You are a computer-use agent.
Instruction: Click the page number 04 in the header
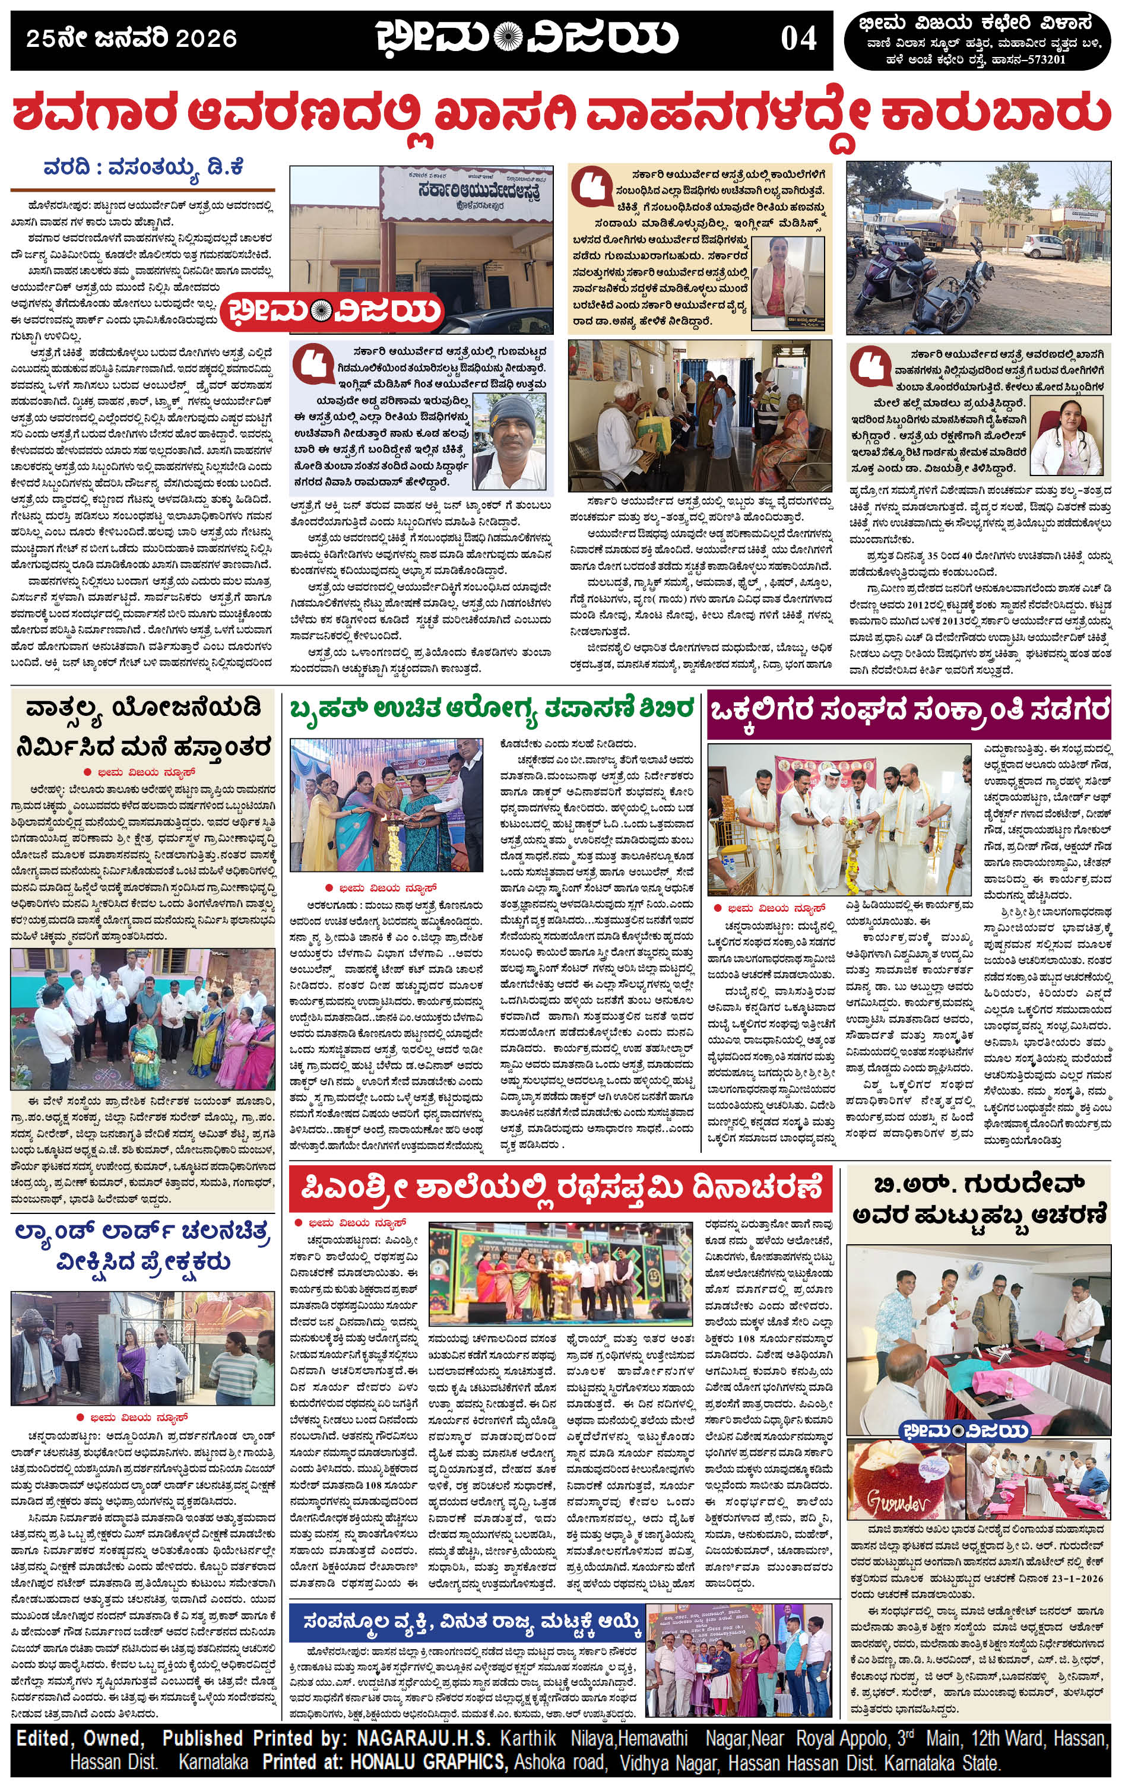(798, 38)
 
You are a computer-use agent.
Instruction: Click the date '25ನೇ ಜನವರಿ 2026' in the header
(131, 39)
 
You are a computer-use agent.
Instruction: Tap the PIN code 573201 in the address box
(1044, 60)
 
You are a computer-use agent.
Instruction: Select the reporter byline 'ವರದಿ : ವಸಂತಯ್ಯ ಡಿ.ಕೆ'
(143, 167)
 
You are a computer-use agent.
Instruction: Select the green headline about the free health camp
(492, 708)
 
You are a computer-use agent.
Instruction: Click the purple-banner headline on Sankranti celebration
(908, 711)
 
